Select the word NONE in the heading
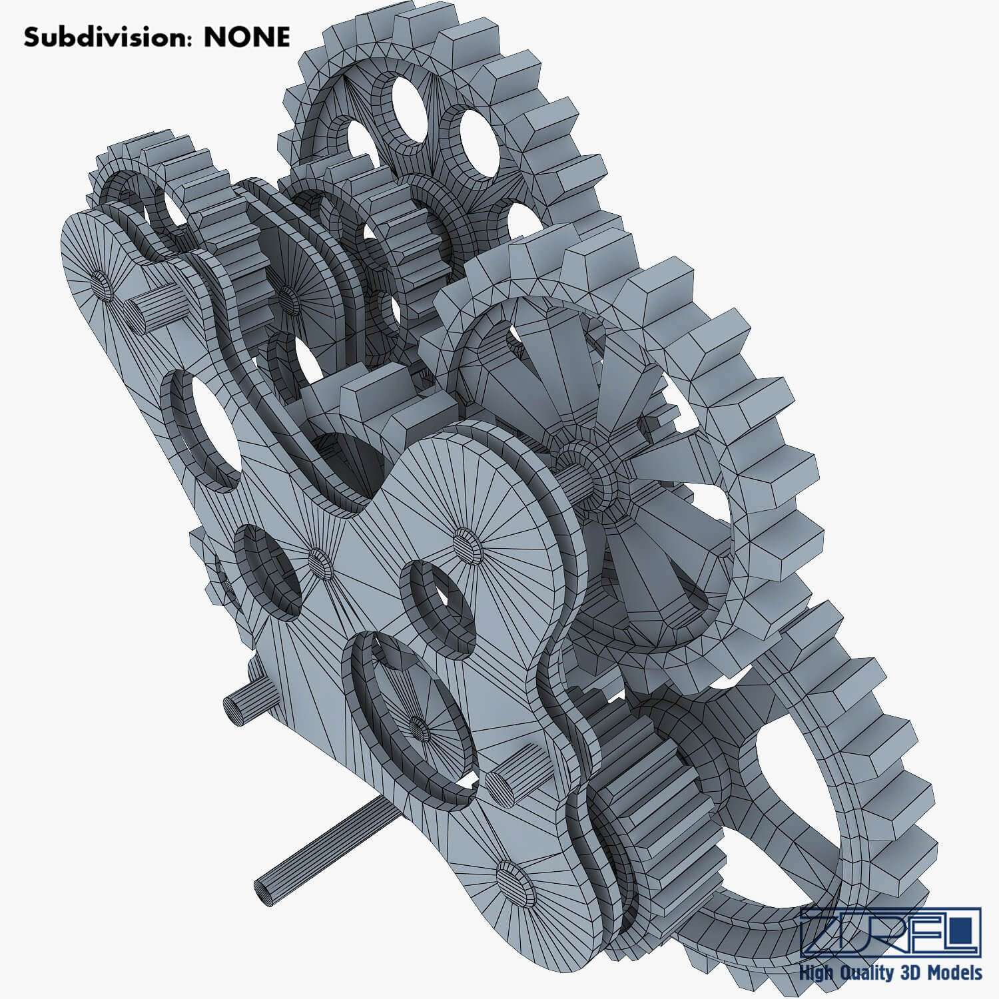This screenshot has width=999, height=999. click(246, 37)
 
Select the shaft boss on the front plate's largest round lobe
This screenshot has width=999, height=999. click(466, 543)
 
